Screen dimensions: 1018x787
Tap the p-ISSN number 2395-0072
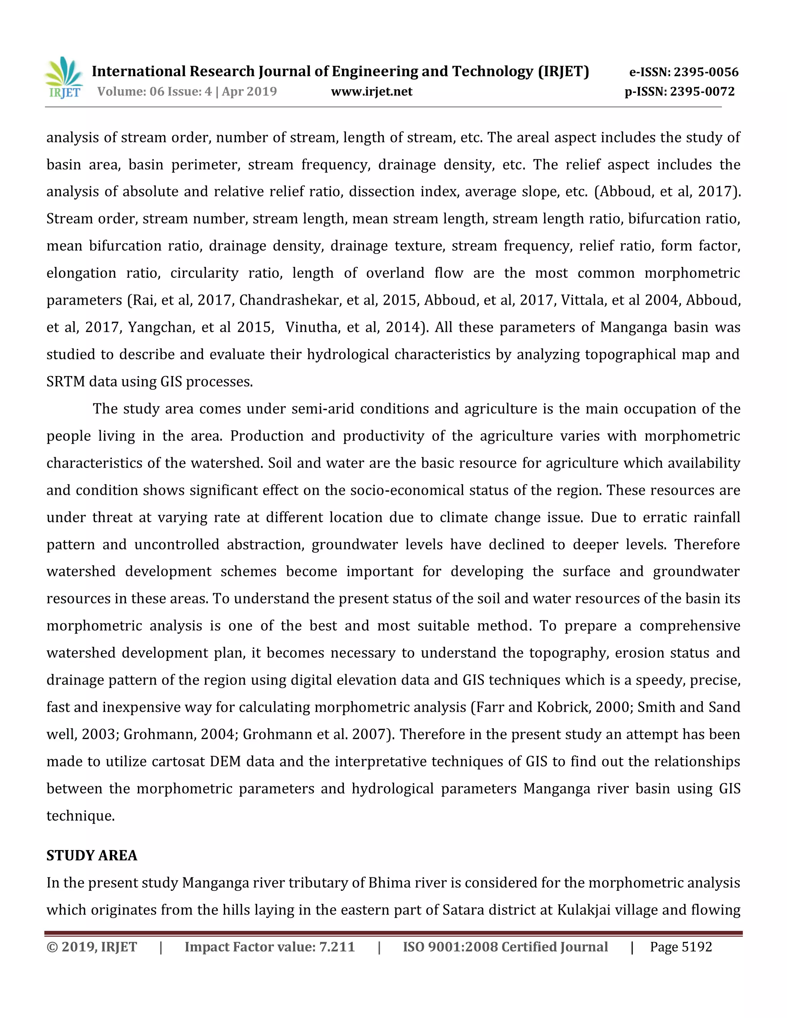[x=702, y=91]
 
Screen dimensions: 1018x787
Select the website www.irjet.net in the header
[x=372, y=91]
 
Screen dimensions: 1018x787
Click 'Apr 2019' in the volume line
[x=249, y=91]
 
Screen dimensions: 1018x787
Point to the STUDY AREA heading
[x=92, y=856]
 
